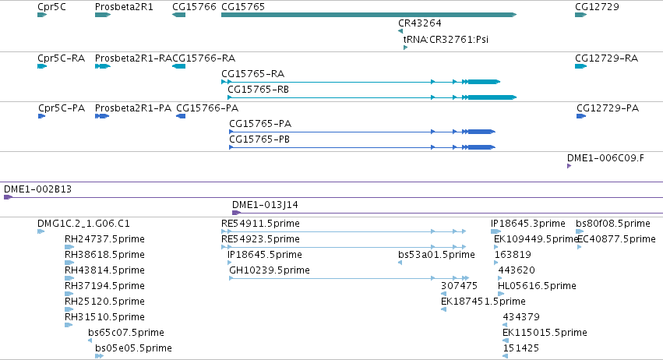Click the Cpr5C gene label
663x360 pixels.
pos(51,7)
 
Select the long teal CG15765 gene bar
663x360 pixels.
pos(369,15)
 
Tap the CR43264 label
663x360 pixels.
pos(419,23)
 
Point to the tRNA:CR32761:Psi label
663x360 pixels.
pos(446,39)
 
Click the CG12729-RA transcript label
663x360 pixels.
pos(606,58)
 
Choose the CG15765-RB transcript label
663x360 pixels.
pos(259,90)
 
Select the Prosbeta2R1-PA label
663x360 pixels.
pos(133,108)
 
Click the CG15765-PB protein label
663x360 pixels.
pos(259,139)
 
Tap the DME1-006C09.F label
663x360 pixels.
pos(605,158)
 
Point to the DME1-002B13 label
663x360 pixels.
pos(37,189)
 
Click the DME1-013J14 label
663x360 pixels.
pos(265,205)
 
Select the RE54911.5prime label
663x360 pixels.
pos(260,224)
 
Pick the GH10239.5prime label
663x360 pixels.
pos(270,270)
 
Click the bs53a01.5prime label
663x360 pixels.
pos(436,255)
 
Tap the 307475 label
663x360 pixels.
pos(459,286)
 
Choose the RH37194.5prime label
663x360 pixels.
pos(104,286)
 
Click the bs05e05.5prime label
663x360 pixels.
pos(134,348)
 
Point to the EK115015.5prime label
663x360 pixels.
pos(545,333)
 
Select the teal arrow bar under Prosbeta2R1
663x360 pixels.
pos(103,15)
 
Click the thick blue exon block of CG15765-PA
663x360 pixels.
pos(481,132)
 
